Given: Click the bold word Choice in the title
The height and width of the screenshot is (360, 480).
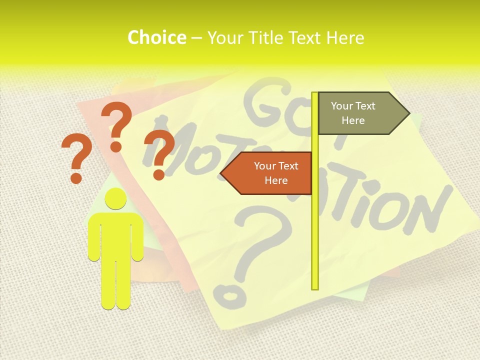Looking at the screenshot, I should (156, 38).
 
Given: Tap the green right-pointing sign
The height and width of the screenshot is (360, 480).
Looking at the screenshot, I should (357, 113).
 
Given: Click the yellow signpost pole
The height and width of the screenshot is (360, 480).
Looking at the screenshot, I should (315, 225).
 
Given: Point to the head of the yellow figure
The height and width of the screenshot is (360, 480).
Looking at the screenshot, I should (115, 198).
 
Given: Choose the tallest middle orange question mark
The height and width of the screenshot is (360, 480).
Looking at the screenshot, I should (117, 125).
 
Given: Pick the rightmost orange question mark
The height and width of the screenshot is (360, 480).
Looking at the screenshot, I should (159, 152).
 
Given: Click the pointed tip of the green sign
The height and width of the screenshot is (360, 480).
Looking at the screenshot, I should (408, 113).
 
